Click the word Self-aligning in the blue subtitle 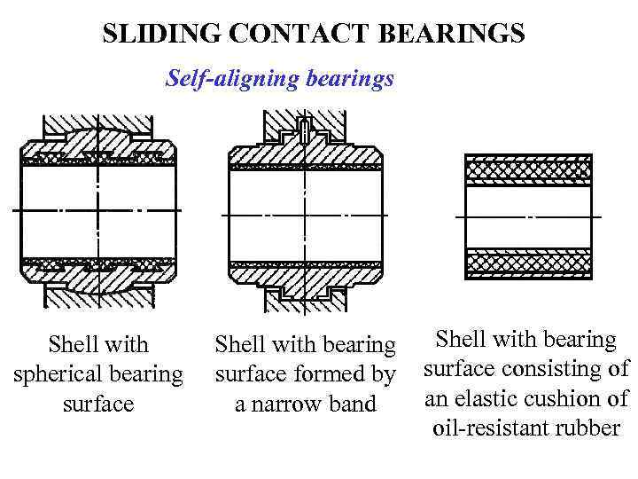pyautogui.click(x=227, y=80)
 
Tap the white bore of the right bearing pyautogui.click(x=528, y=216)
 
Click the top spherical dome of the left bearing pyautogui.click(x=97, y=137)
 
